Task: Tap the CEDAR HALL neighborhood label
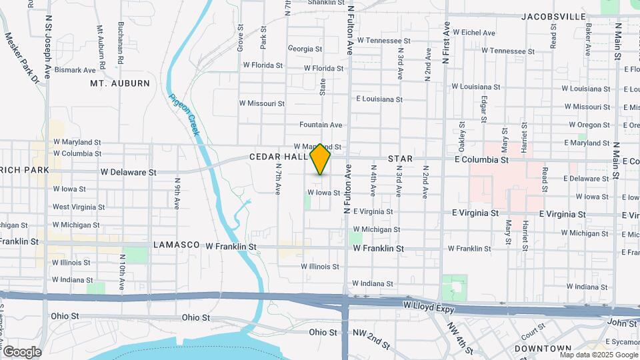pyautogui.click(x=278, y=157)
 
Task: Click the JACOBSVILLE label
pyautogui.click(x=553, y=17)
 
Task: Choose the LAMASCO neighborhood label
pyautogui.click(x=177, y=245)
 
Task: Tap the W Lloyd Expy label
pyautogui.click(x=429, y=304)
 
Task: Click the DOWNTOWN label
pyautogui.click(x=543, y=348)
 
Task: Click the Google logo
pyautogui.click(x=21, y=352)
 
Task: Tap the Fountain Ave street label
pyautogui.click(x=321, y=125)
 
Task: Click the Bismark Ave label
pyautogui.click(x=75, y=70)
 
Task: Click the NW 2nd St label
pyautogui.click(x=371, y=339)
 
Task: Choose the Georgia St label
pyautogui.click(x=305, y=49)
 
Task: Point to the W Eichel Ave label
pyautogui.click(x=474, y=32)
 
